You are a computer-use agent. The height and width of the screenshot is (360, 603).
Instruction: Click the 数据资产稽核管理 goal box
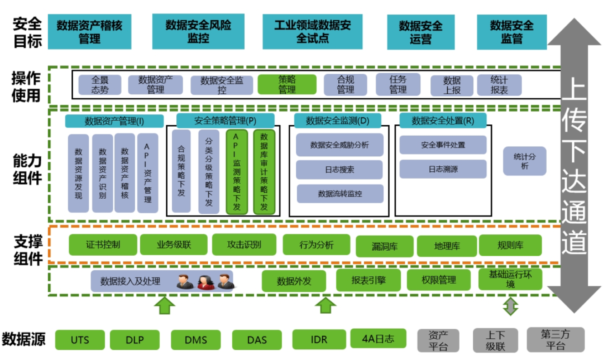tap(89, 31)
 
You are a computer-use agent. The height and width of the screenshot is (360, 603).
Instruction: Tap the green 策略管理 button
tap(287, 84)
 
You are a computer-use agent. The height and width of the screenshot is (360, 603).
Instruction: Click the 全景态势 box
tap(100, 85)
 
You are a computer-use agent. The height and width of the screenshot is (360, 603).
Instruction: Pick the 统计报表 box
tap(499, 85)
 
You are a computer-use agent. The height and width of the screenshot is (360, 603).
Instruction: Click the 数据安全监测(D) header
tap(338, 121)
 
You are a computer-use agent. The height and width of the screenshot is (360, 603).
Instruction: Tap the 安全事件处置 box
tap(443, 145)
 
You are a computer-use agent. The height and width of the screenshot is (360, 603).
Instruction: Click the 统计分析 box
tap(524, 161)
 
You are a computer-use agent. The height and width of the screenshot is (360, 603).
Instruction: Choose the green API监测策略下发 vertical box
tap(237, 172)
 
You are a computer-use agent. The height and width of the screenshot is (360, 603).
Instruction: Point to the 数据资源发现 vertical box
tap(78, 173)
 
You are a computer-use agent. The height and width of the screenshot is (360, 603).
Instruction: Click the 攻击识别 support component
tap(244, 244)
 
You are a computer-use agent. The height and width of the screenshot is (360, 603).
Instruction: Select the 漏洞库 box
tap(385, 246)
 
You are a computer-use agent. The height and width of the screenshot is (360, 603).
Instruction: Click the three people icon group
tap(204, 281)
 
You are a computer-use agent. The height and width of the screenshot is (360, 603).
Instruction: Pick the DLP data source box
tap(135, 339)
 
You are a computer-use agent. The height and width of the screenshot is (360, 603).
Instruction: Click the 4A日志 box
tap(377, 338)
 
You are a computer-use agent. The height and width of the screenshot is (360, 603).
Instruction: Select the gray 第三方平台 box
tap(555, 339)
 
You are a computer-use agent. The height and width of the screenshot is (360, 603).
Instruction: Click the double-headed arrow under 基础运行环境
tap(510, 306)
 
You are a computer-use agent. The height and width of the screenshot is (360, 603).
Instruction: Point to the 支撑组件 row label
tap(28, 249)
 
